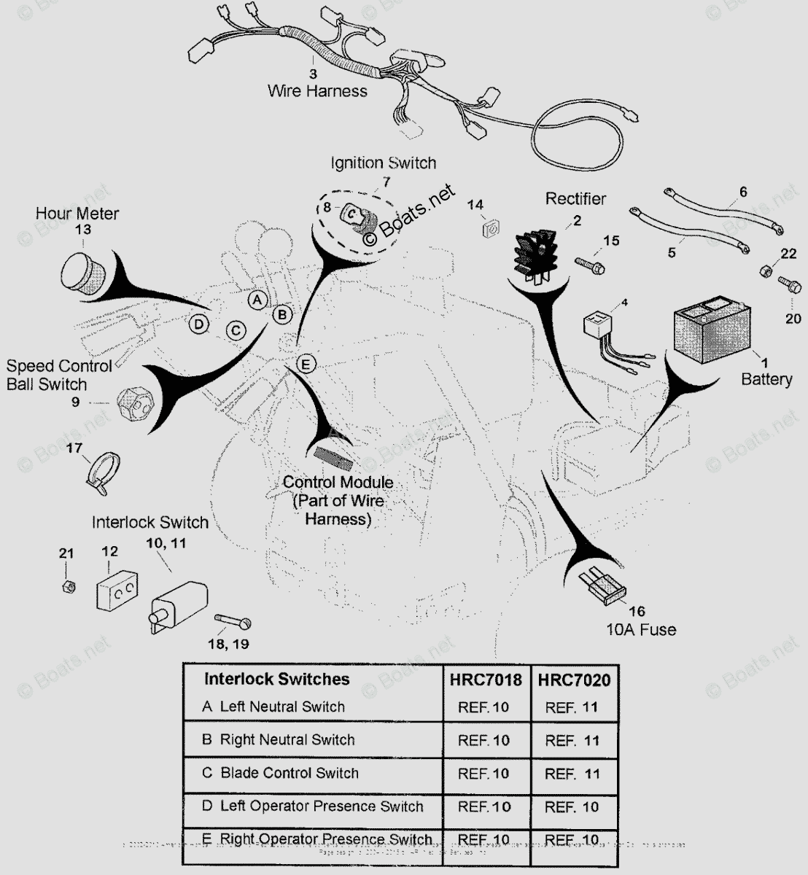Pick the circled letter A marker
point(255,299)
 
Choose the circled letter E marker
point(306,363)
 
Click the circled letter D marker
point(198,324)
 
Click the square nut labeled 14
point(489,230)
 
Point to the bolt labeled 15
point(590,265)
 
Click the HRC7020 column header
point(574,680)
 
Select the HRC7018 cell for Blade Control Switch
point(483,773)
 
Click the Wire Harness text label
point(317,91)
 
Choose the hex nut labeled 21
point(66,586)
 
